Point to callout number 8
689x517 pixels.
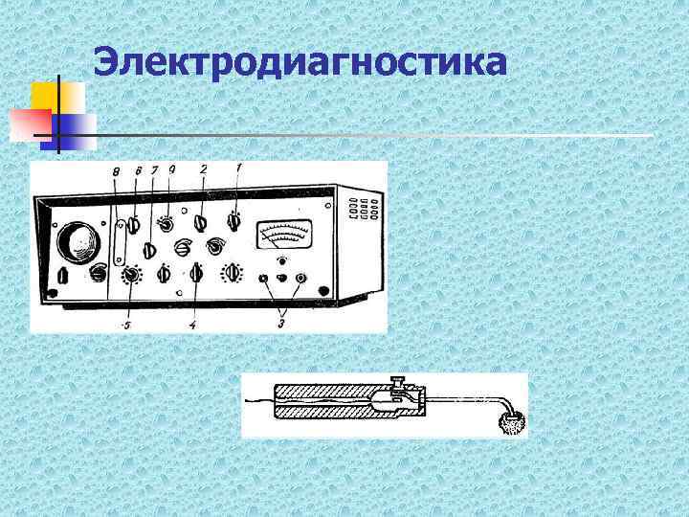[x=116, y=172]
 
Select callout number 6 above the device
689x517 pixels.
[x=138, y=170]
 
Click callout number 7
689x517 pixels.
[x=154, y=170]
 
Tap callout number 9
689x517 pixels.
[x=172, y=169]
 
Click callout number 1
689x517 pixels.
[x=239, y=169]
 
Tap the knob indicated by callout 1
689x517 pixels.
[x=233, y=223]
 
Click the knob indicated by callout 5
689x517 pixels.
[x=131, y=277]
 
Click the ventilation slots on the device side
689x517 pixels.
[x=365, y=209]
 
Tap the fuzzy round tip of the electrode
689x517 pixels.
[x=515, y=421]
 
